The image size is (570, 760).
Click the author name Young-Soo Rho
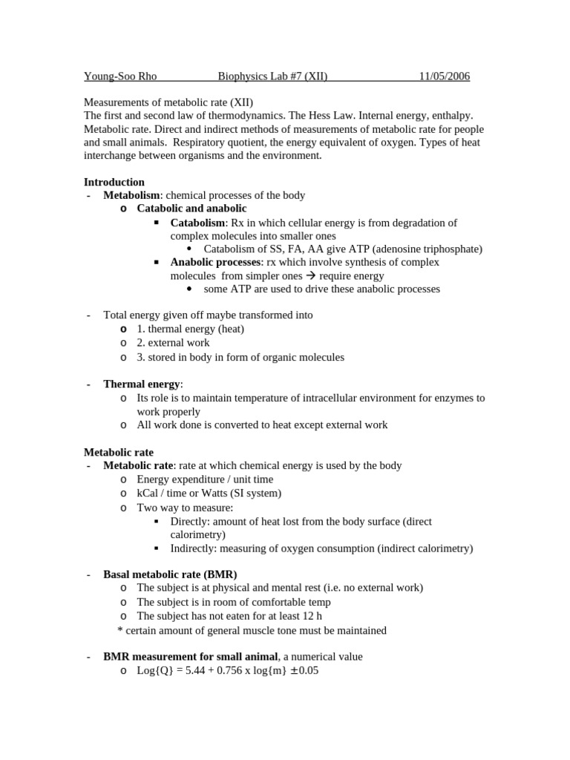[x=119, y=76]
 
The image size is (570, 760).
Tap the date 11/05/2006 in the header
[x=444, y=76]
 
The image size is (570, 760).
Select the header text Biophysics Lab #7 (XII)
[x=272, y=76]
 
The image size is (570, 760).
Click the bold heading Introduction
[x=114, y=182]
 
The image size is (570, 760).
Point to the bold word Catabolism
[x=197, y=223]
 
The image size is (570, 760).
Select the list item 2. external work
[x=173, y=343]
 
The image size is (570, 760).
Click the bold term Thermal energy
[x=141, y=384]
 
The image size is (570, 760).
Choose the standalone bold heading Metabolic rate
[x=119, y=452]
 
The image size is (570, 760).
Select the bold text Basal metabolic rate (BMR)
[x=170, y=574]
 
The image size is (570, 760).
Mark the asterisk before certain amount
[x=120, y=630]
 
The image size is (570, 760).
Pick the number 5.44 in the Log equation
[x=190, y=671]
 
